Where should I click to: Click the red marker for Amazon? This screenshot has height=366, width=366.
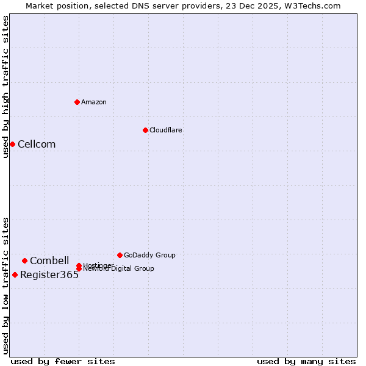[x=77, y=102]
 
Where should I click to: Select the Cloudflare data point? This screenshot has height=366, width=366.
[x=145, y=130]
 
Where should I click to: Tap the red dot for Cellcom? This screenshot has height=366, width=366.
[x=12, y=144]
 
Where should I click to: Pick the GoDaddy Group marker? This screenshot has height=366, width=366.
[x=120, y=255]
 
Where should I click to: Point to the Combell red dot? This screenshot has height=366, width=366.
[x=24, y=260]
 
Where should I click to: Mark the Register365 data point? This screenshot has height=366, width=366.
[x=15, y=274]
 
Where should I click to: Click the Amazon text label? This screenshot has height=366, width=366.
[x=94, y=102]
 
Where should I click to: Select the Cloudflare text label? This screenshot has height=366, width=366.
[x=166, y=130]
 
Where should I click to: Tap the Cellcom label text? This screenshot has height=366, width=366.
[x=37, y=145]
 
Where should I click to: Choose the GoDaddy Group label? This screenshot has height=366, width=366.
[x=149, y=255]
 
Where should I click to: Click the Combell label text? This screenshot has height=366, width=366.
[x=49, y=261]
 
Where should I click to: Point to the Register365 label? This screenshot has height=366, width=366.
[x=49, y=275]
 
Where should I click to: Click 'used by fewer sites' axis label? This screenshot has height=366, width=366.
[x=63, y=361]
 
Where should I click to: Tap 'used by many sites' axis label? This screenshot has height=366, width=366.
[x=306, y=361]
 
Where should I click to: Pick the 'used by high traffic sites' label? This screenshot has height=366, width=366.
[x=5, y=87]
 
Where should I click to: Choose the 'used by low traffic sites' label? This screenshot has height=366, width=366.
[x=5, y=285]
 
